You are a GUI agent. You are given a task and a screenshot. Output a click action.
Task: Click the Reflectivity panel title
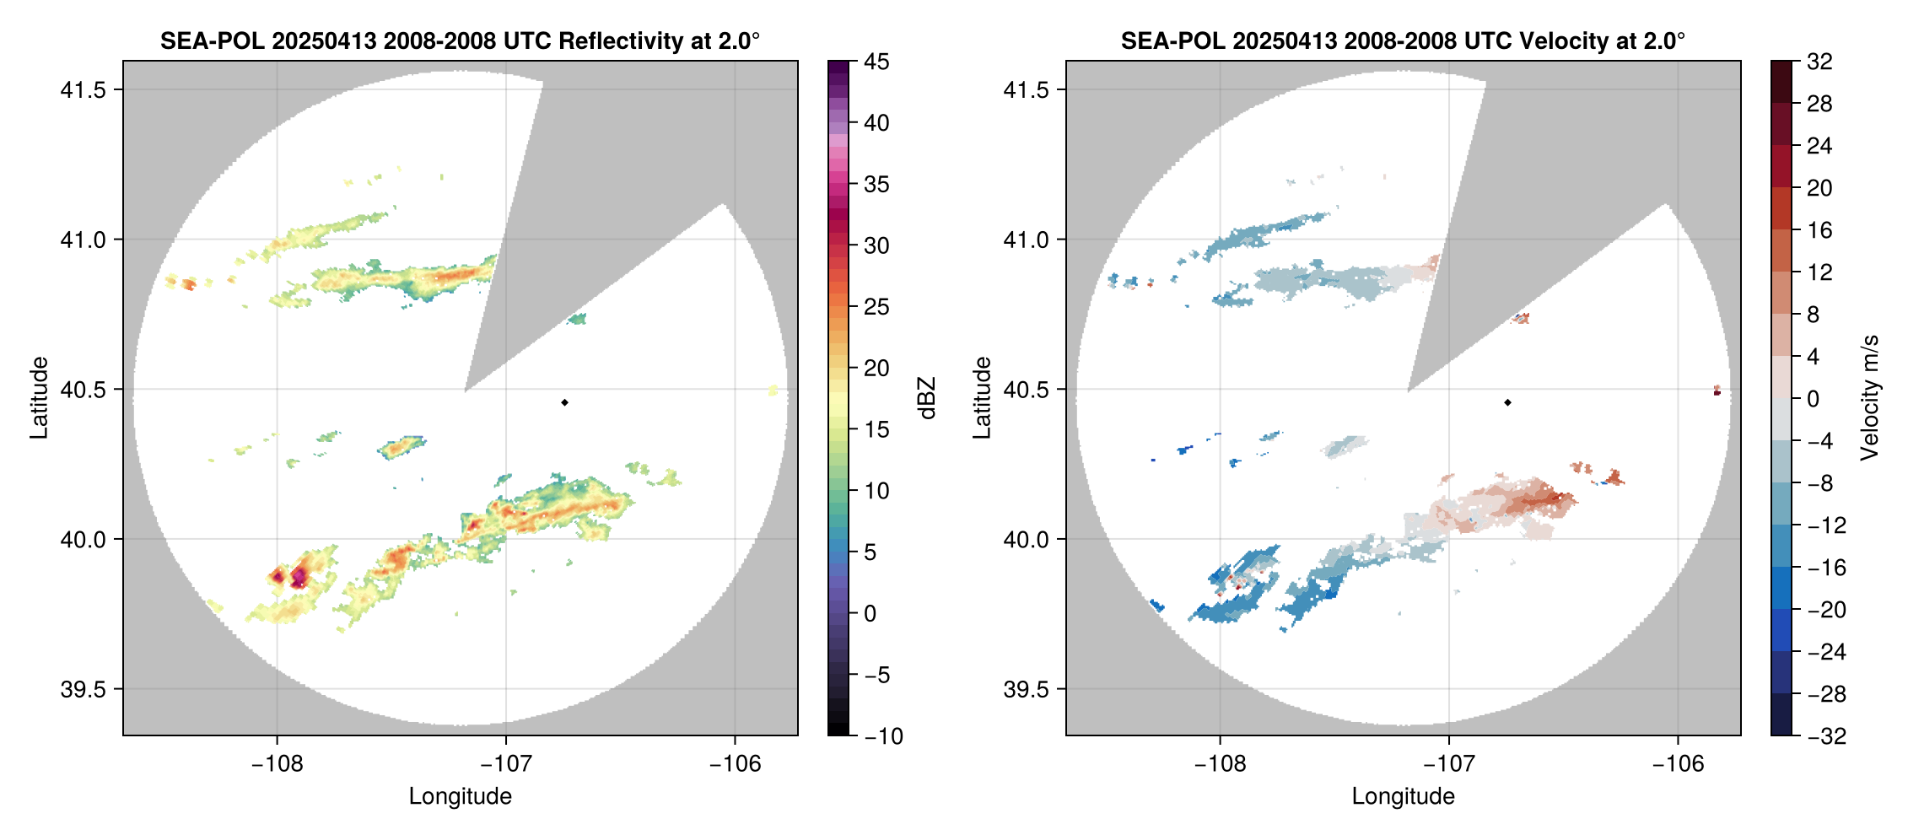[460, 40]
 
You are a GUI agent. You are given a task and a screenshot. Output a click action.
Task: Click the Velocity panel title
[1403, 40]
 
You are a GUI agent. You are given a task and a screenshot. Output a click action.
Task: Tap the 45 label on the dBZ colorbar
[876, 62]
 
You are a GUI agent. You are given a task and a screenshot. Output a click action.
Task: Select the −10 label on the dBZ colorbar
[884, 736]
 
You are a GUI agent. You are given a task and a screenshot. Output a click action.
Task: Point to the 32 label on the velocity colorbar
[1819, 62]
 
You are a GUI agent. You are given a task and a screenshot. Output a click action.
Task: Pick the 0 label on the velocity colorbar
[1814, 399]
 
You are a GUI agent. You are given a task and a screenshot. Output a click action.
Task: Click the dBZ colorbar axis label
[928, 398]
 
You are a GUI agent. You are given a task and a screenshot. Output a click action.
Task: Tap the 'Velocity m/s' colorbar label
[1870, 398]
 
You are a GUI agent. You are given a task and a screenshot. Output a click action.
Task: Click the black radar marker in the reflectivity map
[564, 402]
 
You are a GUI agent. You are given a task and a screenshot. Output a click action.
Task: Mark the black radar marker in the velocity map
[1507, 402]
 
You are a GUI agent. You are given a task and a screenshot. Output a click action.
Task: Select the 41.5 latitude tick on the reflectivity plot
[83, 90]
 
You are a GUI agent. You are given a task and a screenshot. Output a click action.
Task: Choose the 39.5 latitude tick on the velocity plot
[1026, 689]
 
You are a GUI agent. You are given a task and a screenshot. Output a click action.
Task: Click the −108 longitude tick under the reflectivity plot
[277, 764]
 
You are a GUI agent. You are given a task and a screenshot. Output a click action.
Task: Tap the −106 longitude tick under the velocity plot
[1678, 764]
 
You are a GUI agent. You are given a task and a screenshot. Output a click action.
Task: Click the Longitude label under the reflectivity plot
[460, 796]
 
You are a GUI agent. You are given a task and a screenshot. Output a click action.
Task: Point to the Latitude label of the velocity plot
[982, 398]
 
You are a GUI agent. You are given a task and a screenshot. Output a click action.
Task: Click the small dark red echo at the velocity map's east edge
[1717, 391]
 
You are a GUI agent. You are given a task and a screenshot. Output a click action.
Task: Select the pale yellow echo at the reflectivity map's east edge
[773, 390]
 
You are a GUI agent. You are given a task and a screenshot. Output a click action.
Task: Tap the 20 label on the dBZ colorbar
[876, 369]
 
